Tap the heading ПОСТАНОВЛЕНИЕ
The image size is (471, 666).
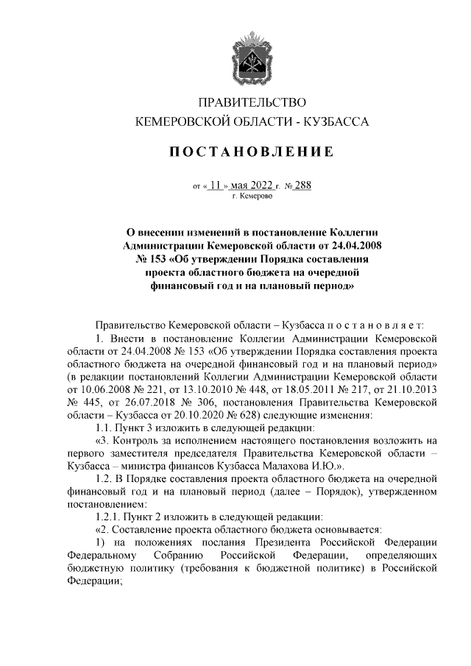252,152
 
